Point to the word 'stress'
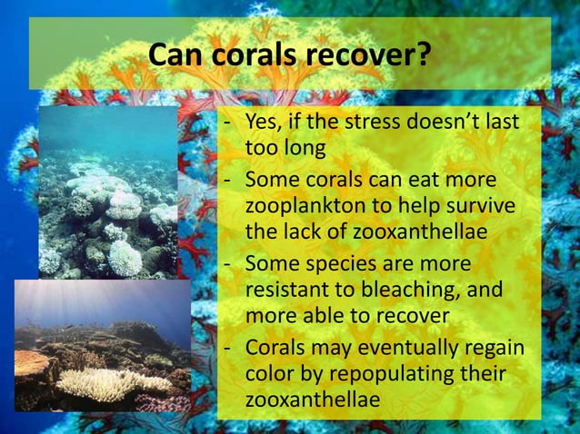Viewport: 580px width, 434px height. (374, 124)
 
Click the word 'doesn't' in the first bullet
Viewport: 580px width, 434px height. (449, 124)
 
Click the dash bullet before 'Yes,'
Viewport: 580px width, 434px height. (228, 124)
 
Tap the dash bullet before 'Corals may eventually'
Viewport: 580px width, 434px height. (228, 350)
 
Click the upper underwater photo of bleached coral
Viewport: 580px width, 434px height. (107, 192)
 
